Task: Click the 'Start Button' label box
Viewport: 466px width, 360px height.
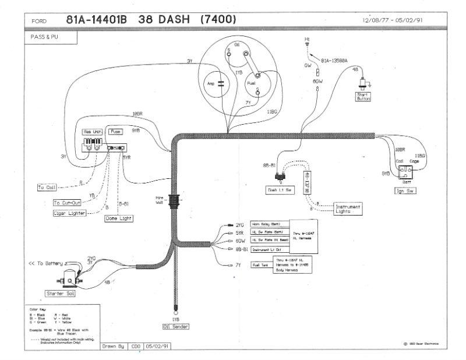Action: pos(363,97)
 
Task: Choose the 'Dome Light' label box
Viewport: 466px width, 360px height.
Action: pos(119,218)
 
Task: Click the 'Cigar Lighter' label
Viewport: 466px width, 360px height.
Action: pos(69,213)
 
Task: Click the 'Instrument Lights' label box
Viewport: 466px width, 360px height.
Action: pos(348,209)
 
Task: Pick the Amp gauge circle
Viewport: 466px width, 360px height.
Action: pos(212,84)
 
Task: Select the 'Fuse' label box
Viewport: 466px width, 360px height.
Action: pos(115,132)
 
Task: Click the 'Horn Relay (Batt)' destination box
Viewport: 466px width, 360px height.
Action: pos(269,224)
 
